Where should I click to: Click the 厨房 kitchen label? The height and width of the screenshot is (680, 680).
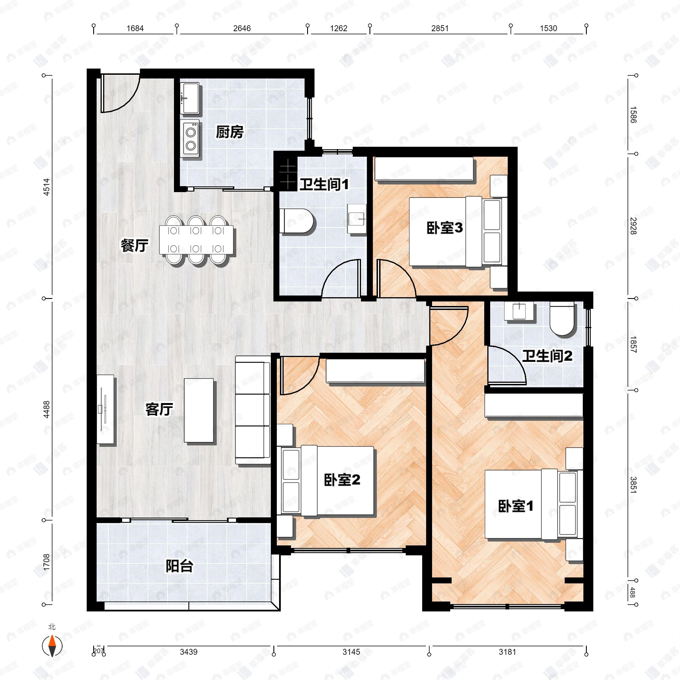pos(229,132)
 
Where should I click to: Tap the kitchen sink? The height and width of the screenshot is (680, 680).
pos(190,99)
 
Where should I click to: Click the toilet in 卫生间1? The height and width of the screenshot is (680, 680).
pos(297,221)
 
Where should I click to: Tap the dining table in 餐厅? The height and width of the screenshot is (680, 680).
pos(196,240)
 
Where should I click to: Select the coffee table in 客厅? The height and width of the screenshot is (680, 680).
pos(199,410)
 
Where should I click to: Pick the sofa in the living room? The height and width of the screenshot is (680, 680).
pos(252,410)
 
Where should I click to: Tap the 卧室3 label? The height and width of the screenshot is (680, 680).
pos(445,228)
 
